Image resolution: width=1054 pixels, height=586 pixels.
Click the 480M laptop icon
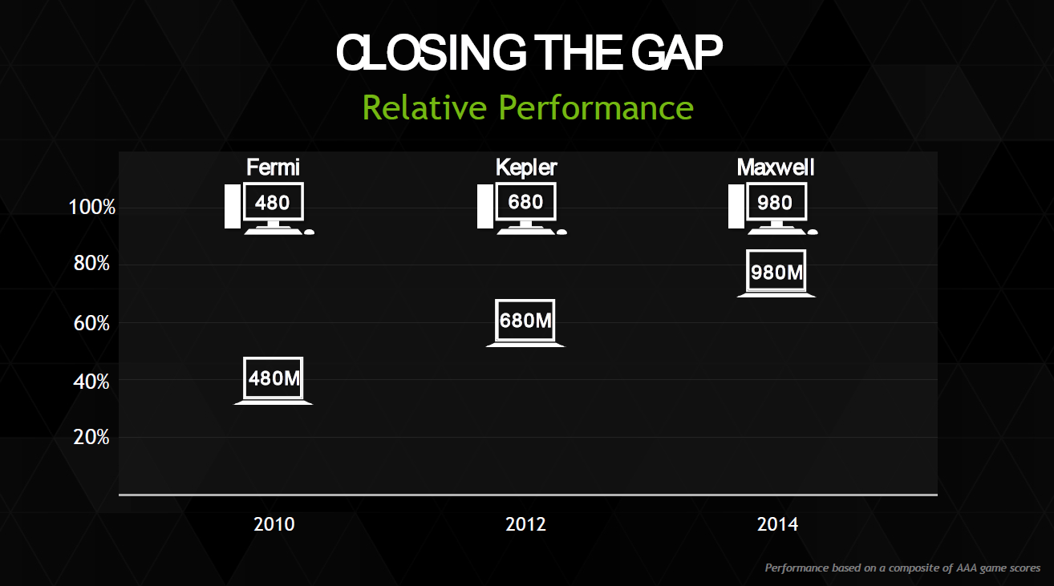tap(274, 380)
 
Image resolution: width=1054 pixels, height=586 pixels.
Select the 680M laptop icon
tap(525, 322)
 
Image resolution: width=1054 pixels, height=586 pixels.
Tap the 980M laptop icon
tap(776, 273)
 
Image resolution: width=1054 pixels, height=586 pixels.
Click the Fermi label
tap(273, 168)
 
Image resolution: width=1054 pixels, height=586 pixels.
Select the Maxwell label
tap(776, 168)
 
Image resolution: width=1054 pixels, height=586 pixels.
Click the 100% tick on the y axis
tap(91, 207)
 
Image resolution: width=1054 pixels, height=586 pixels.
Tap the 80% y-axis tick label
tap(91, 264)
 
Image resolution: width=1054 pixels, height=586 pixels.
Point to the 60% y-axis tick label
tap(91, 324)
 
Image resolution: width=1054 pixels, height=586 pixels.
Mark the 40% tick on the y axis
tap(91, 382)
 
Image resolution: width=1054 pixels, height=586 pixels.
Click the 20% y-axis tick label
tap(91, 438)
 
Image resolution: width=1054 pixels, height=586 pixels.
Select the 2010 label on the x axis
tap(274, 524)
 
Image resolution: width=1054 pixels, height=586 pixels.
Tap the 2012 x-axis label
tap(525, 524)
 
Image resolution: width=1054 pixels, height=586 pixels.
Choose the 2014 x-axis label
tap(777, 524)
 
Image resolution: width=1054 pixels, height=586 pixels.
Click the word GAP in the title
tap(677, 52)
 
